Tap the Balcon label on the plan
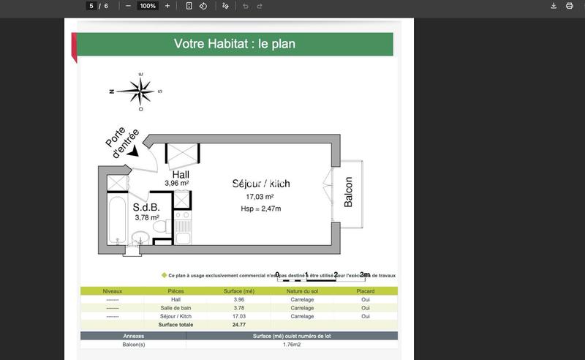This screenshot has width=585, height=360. pos(349,192)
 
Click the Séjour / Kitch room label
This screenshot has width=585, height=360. pos(260,184)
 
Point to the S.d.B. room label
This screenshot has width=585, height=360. pos(146,207)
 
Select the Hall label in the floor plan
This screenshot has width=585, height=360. pos(181,174)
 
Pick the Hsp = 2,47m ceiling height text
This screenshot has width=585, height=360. pos(260,209)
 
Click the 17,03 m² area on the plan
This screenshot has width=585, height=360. pos(260,197)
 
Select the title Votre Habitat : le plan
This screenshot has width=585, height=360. pos(235,44)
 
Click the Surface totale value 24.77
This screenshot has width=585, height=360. pos(238,324)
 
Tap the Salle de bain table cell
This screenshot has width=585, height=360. pos(175,308)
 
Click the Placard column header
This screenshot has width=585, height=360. pos(366,291)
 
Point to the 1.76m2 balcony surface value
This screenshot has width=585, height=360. pos(292,344)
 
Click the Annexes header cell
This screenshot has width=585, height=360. pos(133,336)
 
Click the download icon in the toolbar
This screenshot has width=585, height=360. pos(554,6)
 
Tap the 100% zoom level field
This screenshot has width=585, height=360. pos(148,6)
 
